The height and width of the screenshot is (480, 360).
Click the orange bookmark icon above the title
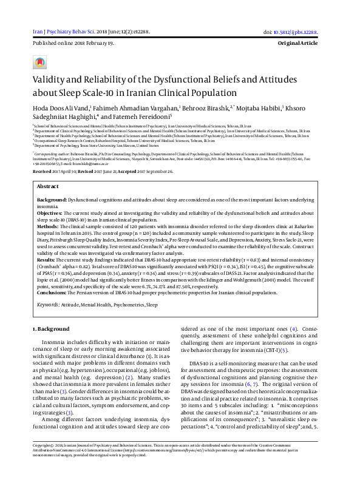click(x=40, y=63)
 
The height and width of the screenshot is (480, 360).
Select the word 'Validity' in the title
click(x=50, y=79)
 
